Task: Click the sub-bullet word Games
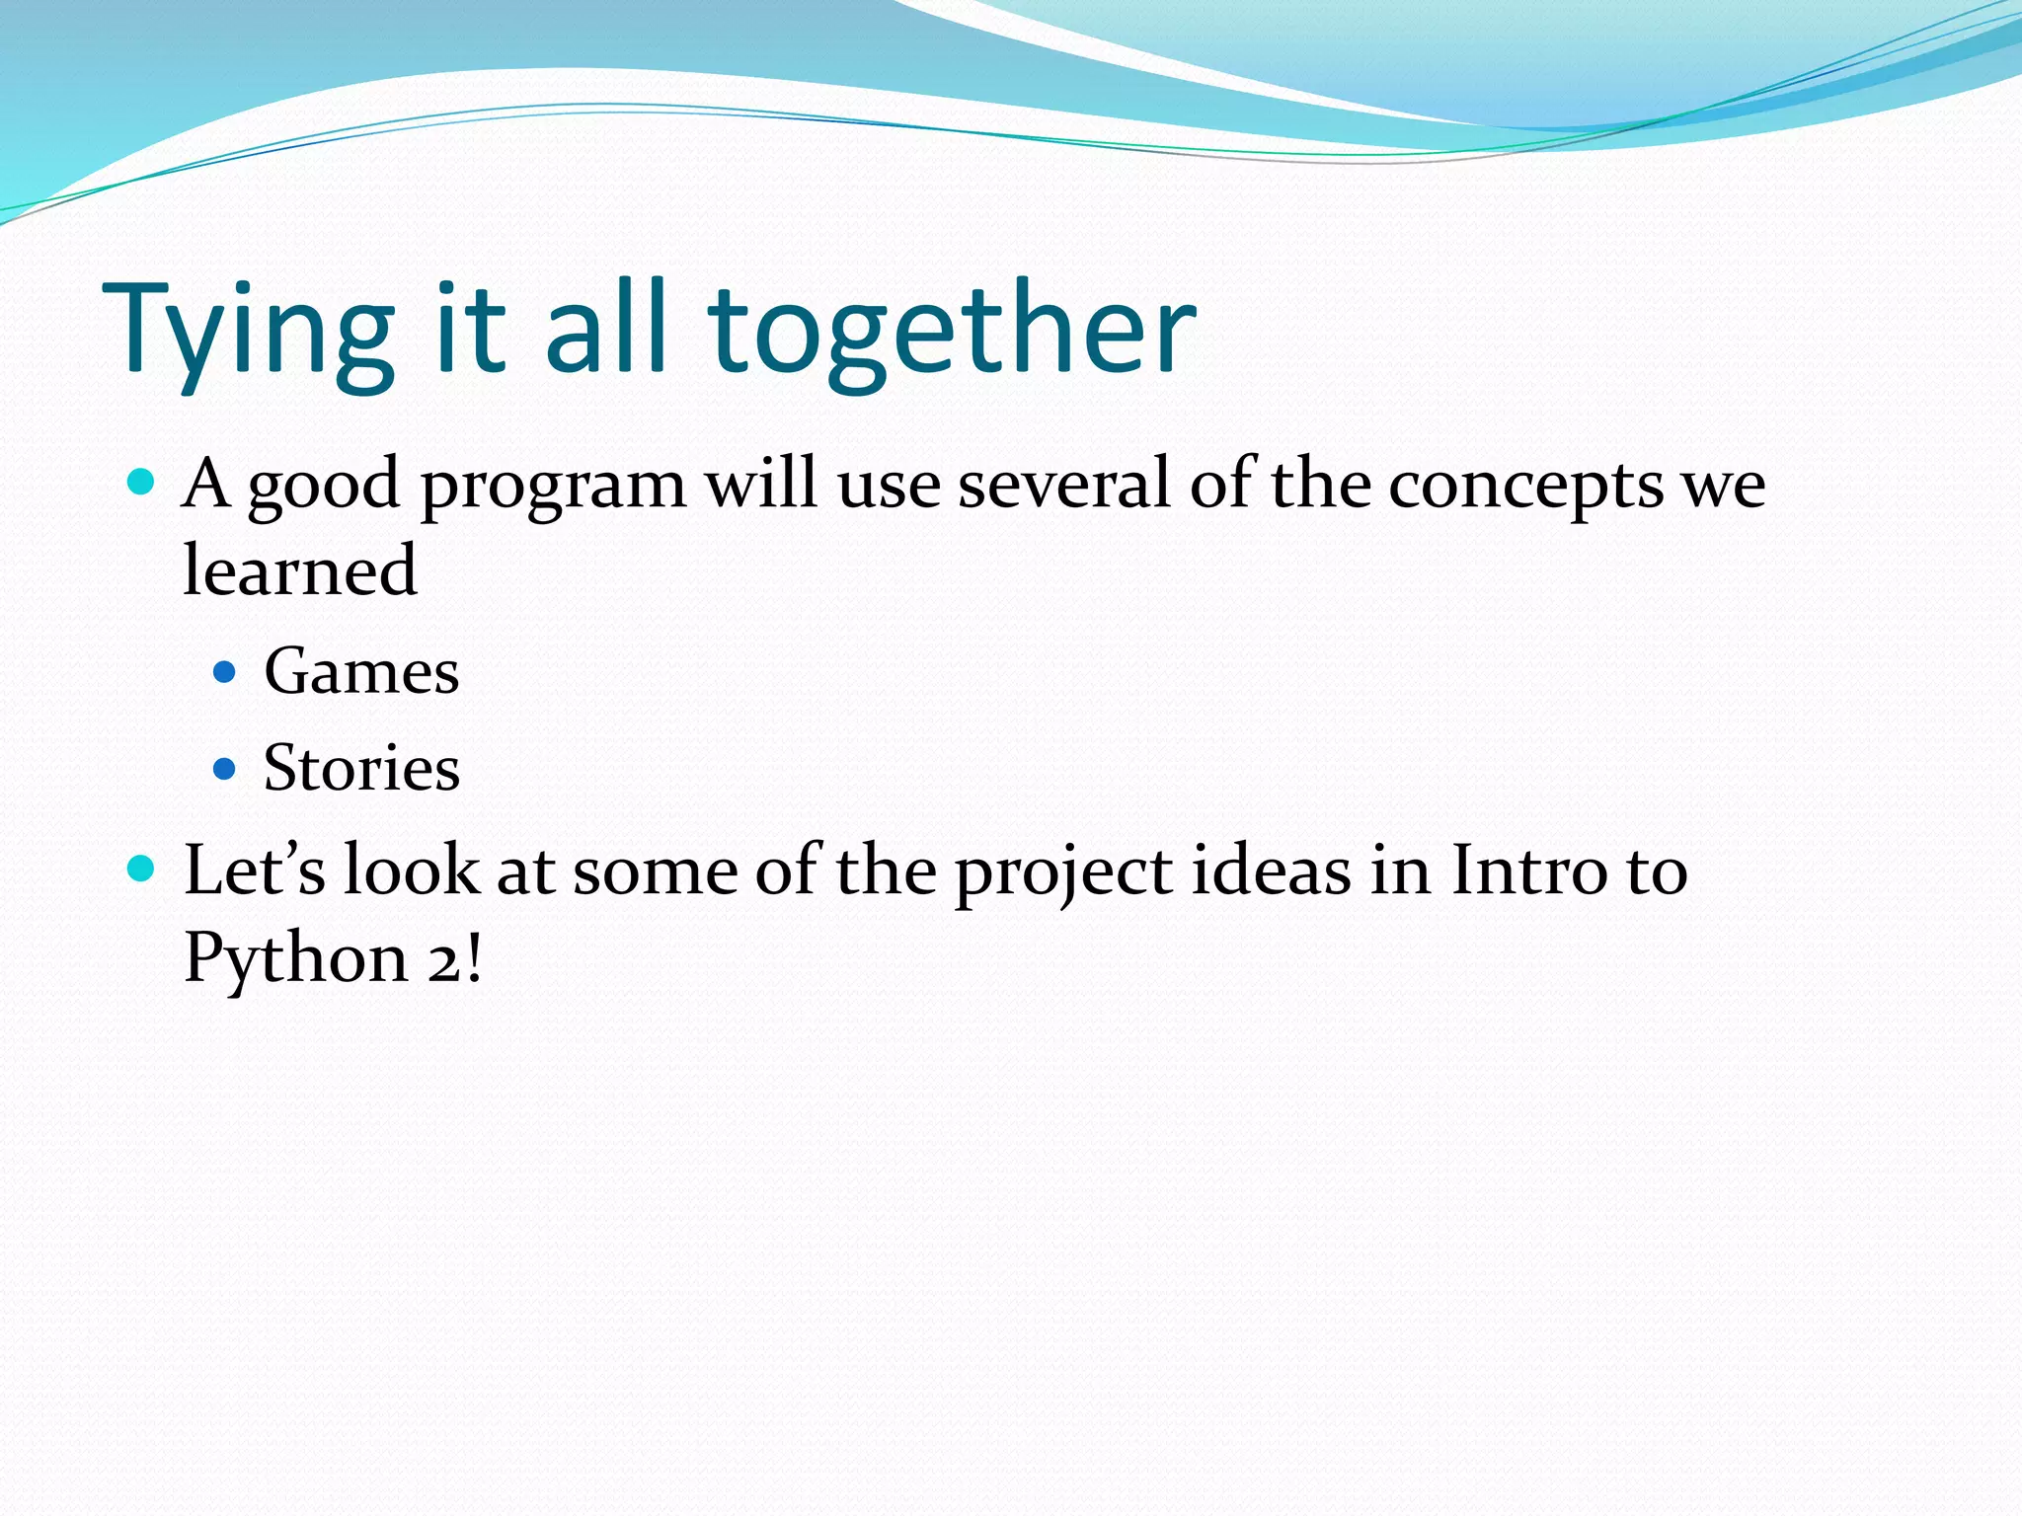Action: click(x=361, y=672)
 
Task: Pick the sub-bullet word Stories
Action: click(x=361, y=768)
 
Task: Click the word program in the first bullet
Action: click(x=553, y=486)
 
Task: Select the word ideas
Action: click(x=1271, y=871)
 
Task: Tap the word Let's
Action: click(x=255, y=871)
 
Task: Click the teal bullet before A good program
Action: click(x=142, y=483)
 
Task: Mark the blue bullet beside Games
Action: click(x=225, y=673)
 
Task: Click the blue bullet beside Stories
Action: click(x=225, y=768)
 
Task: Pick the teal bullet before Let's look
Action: click(x=142, y=869)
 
